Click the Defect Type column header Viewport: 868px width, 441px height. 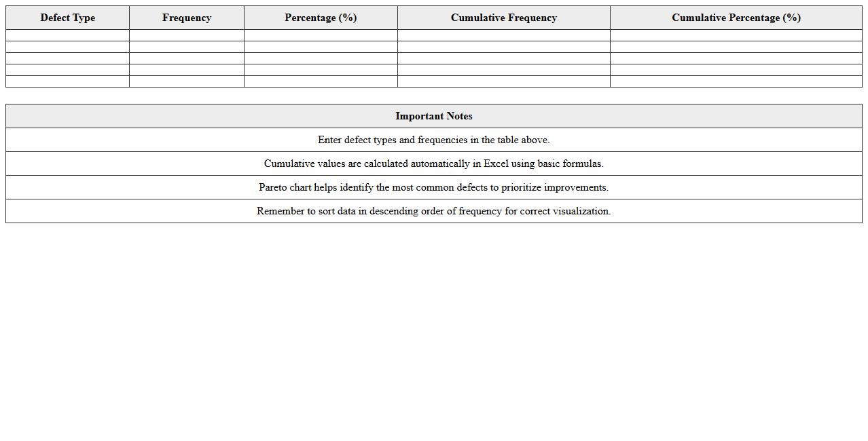(67, 18)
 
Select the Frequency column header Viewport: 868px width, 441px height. (187, 18)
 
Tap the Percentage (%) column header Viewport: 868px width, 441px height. (321, 18)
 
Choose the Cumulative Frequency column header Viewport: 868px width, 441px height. (503, 18)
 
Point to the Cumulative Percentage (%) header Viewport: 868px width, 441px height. (736, 18)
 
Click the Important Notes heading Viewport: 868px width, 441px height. (433, 116)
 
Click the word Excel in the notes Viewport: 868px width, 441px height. (496, 164)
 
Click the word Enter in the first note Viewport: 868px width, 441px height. (329, 140)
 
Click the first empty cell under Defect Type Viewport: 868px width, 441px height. (67, 35)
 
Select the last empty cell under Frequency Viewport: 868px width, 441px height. (187, 81)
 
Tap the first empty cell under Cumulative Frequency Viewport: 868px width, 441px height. (503, 35)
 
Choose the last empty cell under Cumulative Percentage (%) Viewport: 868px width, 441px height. (736, 81)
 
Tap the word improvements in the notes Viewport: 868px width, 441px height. (576, 187)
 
